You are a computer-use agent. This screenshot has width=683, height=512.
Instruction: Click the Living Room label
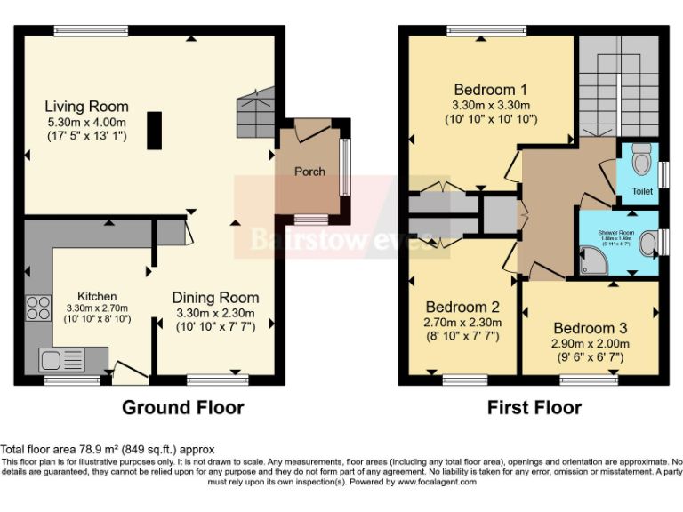pos(87,107)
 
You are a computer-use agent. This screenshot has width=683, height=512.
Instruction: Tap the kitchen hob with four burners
pos(39,308)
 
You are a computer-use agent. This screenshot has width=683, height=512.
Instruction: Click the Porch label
pos(309,172)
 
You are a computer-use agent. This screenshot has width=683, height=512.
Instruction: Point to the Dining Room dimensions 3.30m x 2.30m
pos(215,313)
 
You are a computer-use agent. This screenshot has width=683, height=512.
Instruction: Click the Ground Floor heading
pos(182,408)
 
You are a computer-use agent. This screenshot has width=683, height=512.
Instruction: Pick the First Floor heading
pos(534,408)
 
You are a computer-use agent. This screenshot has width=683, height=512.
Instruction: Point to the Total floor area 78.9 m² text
pos(107,450)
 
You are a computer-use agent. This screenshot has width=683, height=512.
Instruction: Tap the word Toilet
pos(642,191)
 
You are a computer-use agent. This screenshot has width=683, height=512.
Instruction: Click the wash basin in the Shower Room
pos(650,240)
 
